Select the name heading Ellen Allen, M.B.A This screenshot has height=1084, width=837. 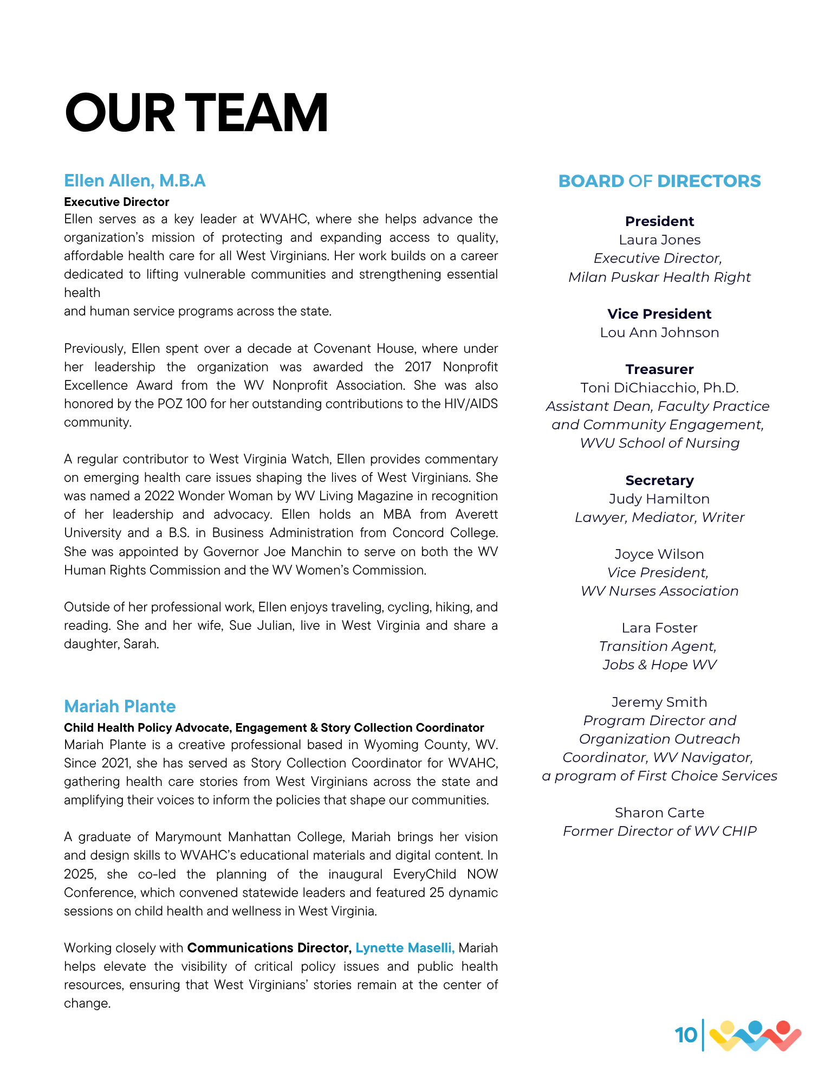point(134,180)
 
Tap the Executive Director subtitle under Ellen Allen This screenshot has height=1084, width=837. point(116,202)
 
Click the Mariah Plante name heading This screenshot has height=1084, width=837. point(120,706)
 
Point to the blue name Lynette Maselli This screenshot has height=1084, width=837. point(405,947)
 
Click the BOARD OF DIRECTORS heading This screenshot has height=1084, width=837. point(659,181)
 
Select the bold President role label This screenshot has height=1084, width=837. point(659,221)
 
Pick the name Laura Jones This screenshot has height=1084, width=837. point(659,240)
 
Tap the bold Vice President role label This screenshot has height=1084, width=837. point(659,314)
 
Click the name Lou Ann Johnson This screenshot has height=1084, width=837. point(659,332)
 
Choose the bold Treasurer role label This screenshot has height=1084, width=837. point(659,369)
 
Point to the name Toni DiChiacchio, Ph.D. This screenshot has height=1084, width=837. point(659,388)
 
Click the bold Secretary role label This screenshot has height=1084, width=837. point(659,480)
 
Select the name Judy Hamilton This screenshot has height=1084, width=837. point(659,499)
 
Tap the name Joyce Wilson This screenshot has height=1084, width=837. point(659,554)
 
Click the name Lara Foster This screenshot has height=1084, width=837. point(659,628)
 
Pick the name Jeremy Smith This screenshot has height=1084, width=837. point(659,702)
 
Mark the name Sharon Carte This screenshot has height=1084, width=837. point(659,812)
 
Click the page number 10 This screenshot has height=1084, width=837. point(686,1035)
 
